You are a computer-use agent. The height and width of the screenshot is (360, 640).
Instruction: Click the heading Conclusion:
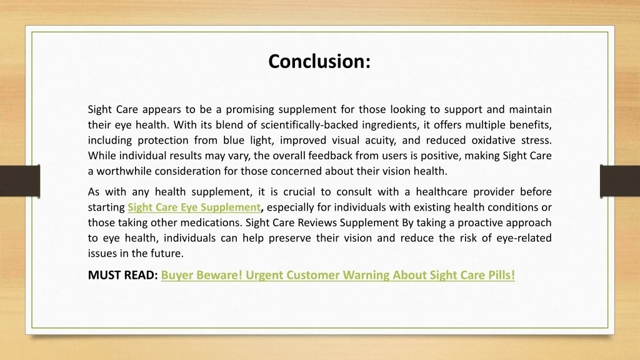click(x=319, y=61)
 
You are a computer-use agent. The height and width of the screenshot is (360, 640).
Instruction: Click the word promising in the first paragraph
click(x=249, y=110)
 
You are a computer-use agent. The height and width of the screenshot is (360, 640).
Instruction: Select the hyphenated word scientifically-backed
click(x=309, y=125)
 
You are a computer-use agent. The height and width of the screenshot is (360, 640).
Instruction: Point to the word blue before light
click(x=234, y=141)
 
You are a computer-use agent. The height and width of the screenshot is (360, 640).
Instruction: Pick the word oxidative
click(x=494, y=141)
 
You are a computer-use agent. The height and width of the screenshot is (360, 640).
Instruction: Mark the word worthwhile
click(x=124, y=171)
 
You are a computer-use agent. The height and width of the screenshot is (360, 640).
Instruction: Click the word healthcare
click(x=442, y=192)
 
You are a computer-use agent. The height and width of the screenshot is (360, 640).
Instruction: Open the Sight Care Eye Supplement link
click(x=194, y=207)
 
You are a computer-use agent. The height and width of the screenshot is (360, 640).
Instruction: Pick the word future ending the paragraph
click(x=167, y=254)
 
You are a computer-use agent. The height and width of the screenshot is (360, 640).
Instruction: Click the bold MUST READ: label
click(x=123, y=275)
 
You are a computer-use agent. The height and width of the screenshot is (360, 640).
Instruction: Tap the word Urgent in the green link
click(x=264, y=275)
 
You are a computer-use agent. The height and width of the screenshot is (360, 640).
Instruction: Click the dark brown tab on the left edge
click(x=20, y=181)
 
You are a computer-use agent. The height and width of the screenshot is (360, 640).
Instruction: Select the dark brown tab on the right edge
click(x=620, y=181)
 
